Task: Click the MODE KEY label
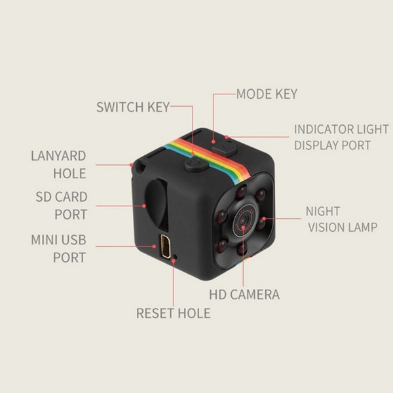pyautogui.click(x=267, y=94)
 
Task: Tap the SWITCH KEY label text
pyautogui.click(x=133, y=107)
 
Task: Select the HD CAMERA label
pyautogui.click(x=244, y=294)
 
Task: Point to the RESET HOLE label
pyautogui.click(x=174, y=313)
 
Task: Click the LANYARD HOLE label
pyautogui.click(x=59, y=164)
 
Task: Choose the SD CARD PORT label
pyautogui.click(x=62, y=206)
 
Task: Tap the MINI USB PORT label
pyautogui.click(x=59, y=248)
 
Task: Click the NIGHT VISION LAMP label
pyautogui.click(x=341, y=219)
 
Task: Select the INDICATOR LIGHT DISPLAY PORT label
pyautogui.click(x=341, y=137)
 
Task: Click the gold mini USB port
pyautogui.click(x=165, y=246)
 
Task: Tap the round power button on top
pyautogui.click(x=196, y=165)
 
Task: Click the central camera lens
pyautogui.click(x=244, y=219)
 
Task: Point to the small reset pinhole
pyautogui.click(x=176, y=257)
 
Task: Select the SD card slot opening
pyautogui.click(x=156, y=204)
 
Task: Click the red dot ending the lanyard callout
pyautogui.click(x=132, y=165)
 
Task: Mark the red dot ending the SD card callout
pyautogui.click(x=144, y=206)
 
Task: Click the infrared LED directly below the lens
pyautogui.click(x=242, y=249)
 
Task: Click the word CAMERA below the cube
pyautogui.click(x=255, y=294)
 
